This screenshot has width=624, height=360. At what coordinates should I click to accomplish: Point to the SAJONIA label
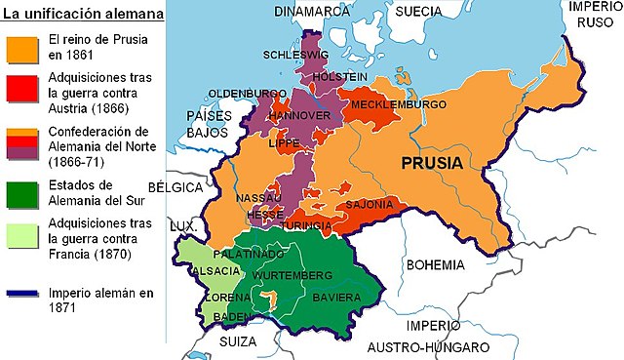point(370,205)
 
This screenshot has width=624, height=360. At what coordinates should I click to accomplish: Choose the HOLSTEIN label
point(341,76)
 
